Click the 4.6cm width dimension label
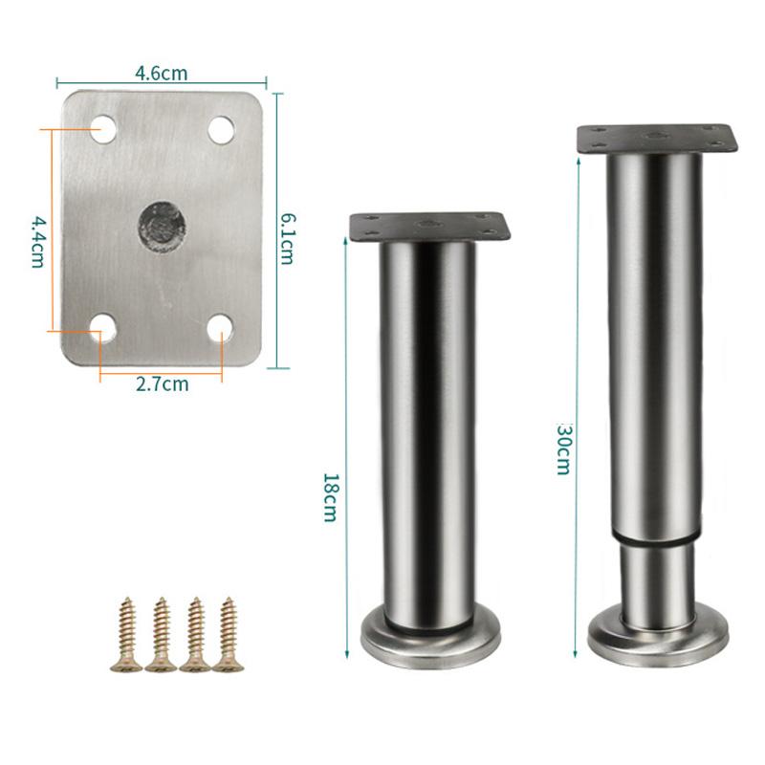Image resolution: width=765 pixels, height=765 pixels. pyautogui.click(x=161, y=74)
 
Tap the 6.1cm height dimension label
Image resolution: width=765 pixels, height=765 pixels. pyautogui.click(x=286, y=239)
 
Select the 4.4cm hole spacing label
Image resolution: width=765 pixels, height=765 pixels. pyautogui.click(x=38, y=242)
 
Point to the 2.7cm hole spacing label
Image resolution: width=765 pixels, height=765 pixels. pyautogui.click(x=162, y=384)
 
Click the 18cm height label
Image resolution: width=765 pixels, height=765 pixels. pyautogui.click(x=330, y=497)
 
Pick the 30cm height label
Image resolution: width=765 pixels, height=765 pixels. pyautogui.click(x=563, y=449)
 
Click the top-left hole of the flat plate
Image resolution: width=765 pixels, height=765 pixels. pyautogui.click(x=103, y=129)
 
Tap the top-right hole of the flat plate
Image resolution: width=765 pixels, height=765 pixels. pyautogui.click(x=222, y=130)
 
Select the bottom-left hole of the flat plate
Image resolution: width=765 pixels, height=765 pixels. pyautogui.click(x=103, y=327)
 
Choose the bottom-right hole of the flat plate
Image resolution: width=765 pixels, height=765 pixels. pyautogui.click(x=221, y=328)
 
